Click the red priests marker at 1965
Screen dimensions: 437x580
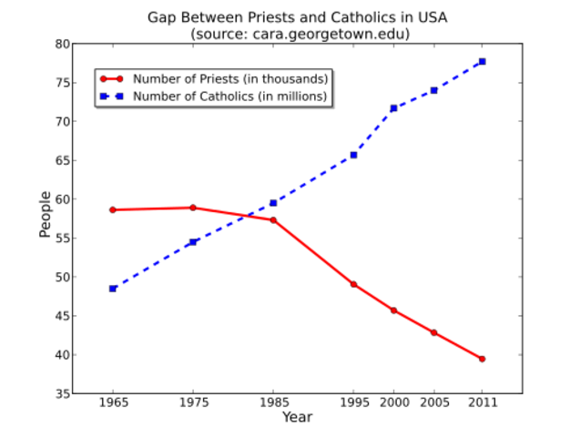click(113, 209)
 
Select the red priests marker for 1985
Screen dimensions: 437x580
click(273, 219)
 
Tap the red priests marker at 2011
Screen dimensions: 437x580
click(482, 359)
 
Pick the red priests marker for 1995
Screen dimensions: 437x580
click(353, 284)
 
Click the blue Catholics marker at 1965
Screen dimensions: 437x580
click(113, 289)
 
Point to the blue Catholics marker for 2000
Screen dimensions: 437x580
click(393, 108)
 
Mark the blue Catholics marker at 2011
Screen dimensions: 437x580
click(482, 61)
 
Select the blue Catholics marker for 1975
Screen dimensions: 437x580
click(193, 242)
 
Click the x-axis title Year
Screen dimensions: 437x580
click(297, 417)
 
